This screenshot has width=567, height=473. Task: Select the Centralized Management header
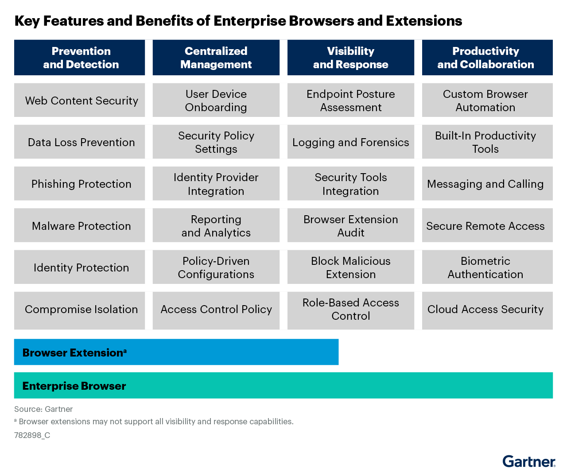[216, 58]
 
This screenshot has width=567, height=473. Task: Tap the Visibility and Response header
[350, 58]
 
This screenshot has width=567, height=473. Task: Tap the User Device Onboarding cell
[216, 101]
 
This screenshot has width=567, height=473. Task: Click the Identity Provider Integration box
[216, 184]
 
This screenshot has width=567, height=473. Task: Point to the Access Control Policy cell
[216, 310]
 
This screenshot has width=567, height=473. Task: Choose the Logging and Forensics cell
[350, 142]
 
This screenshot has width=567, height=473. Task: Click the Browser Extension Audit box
[350, 226]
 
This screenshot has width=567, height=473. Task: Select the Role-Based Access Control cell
[350, 310]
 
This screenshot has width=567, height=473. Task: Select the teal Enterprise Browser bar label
[74, 386]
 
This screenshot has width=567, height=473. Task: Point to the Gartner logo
[528, 461]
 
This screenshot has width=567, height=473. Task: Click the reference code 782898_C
[32, 435]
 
